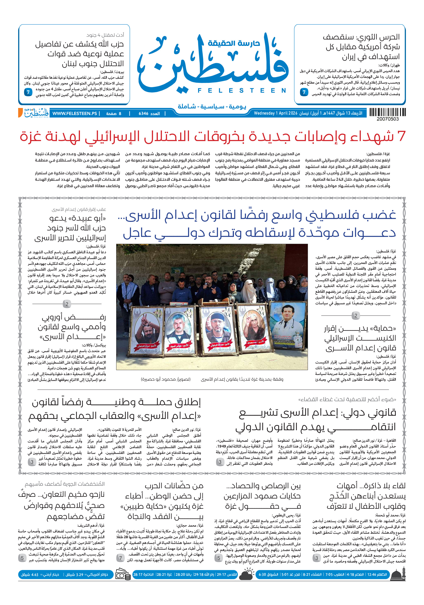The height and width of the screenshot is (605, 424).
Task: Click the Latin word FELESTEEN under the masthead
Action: (242, 91)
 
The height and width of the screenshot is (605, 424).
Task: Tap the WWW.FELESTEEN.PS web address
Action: (75, 114)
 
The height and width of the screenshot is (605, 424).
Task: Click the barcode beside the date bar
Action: (387, 112)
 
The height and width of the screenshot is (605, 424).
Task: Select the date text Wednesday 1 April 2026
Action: (275, 113)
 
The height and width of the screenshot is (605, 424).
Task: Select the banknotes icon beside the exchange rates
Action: (123, 575)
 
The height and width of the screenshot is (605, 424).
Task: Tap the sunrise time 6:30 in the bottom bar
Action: (263, 575)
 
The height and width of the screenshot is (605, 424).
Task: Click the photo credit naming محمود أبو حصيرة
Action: (165, 379)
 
